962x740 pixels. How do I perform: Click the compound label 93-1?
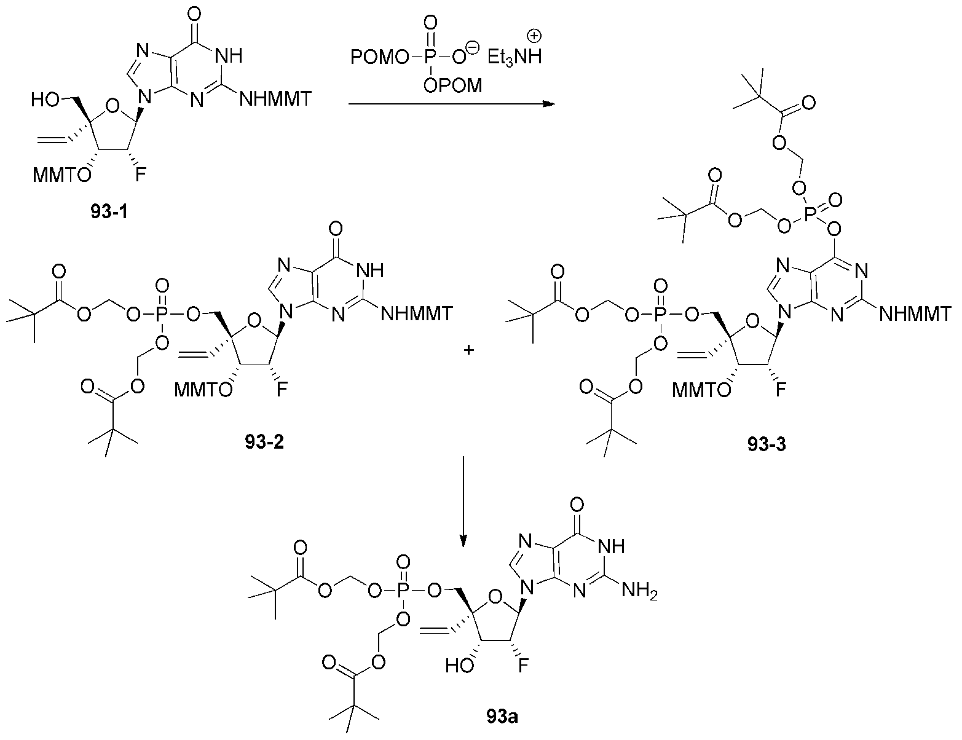(109, 212)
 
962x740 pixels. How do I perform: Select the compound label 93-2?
(264, 442)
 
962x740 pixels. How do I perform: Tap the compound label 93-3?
(767, 444)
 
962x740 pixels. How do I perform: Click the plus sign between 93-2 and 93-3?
(468, 350)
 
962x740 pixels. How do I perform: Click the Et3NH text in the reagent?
(515, 57)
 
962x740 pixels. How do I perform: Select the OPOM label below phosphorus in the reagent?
(452, 85)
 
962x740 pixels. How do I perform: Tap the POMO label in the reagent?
(380, 57)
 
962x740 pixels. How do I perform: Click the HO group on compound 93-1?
(45, 100)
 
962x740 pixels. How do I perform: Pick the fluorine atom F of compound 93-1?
(140, 175)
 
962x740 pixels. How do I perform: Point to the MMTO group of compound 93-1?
(61, 175)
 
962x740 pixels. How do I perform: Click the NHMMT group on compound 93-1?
(275, 99)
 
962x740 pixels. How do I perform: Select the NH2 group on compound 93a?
(639, 591)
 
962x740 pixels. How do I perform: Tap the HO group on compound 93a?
(460, 666)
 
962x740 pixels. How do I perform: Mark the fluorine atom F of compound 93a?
(523, 665)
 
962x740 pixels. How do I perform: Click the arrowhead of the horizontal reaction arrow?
(549, 104)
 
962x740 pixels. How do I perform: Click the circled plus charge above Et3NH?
(535, 36)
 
